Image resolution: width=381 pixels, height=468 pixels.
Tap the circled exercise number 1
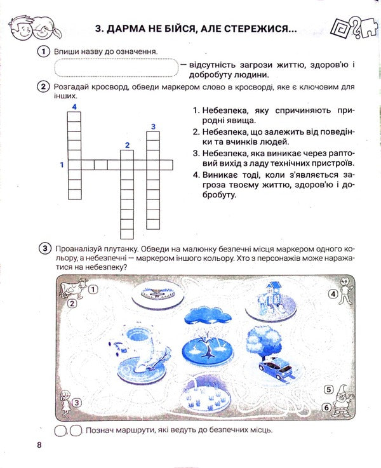43,52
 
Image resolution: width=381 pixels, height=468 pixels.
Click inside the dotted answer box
115,67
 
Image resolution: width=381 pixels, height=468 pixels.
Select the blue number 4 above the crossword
74,107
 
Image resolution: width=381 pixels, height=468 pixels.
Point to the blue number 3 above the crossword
153,127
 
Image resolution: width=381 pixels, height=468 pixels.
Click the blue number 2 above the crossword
127,145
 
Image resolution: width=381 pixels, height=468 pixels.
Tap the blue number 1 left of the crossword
62,165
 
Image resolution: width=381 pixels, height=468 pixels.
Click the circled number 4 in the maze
331,294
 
